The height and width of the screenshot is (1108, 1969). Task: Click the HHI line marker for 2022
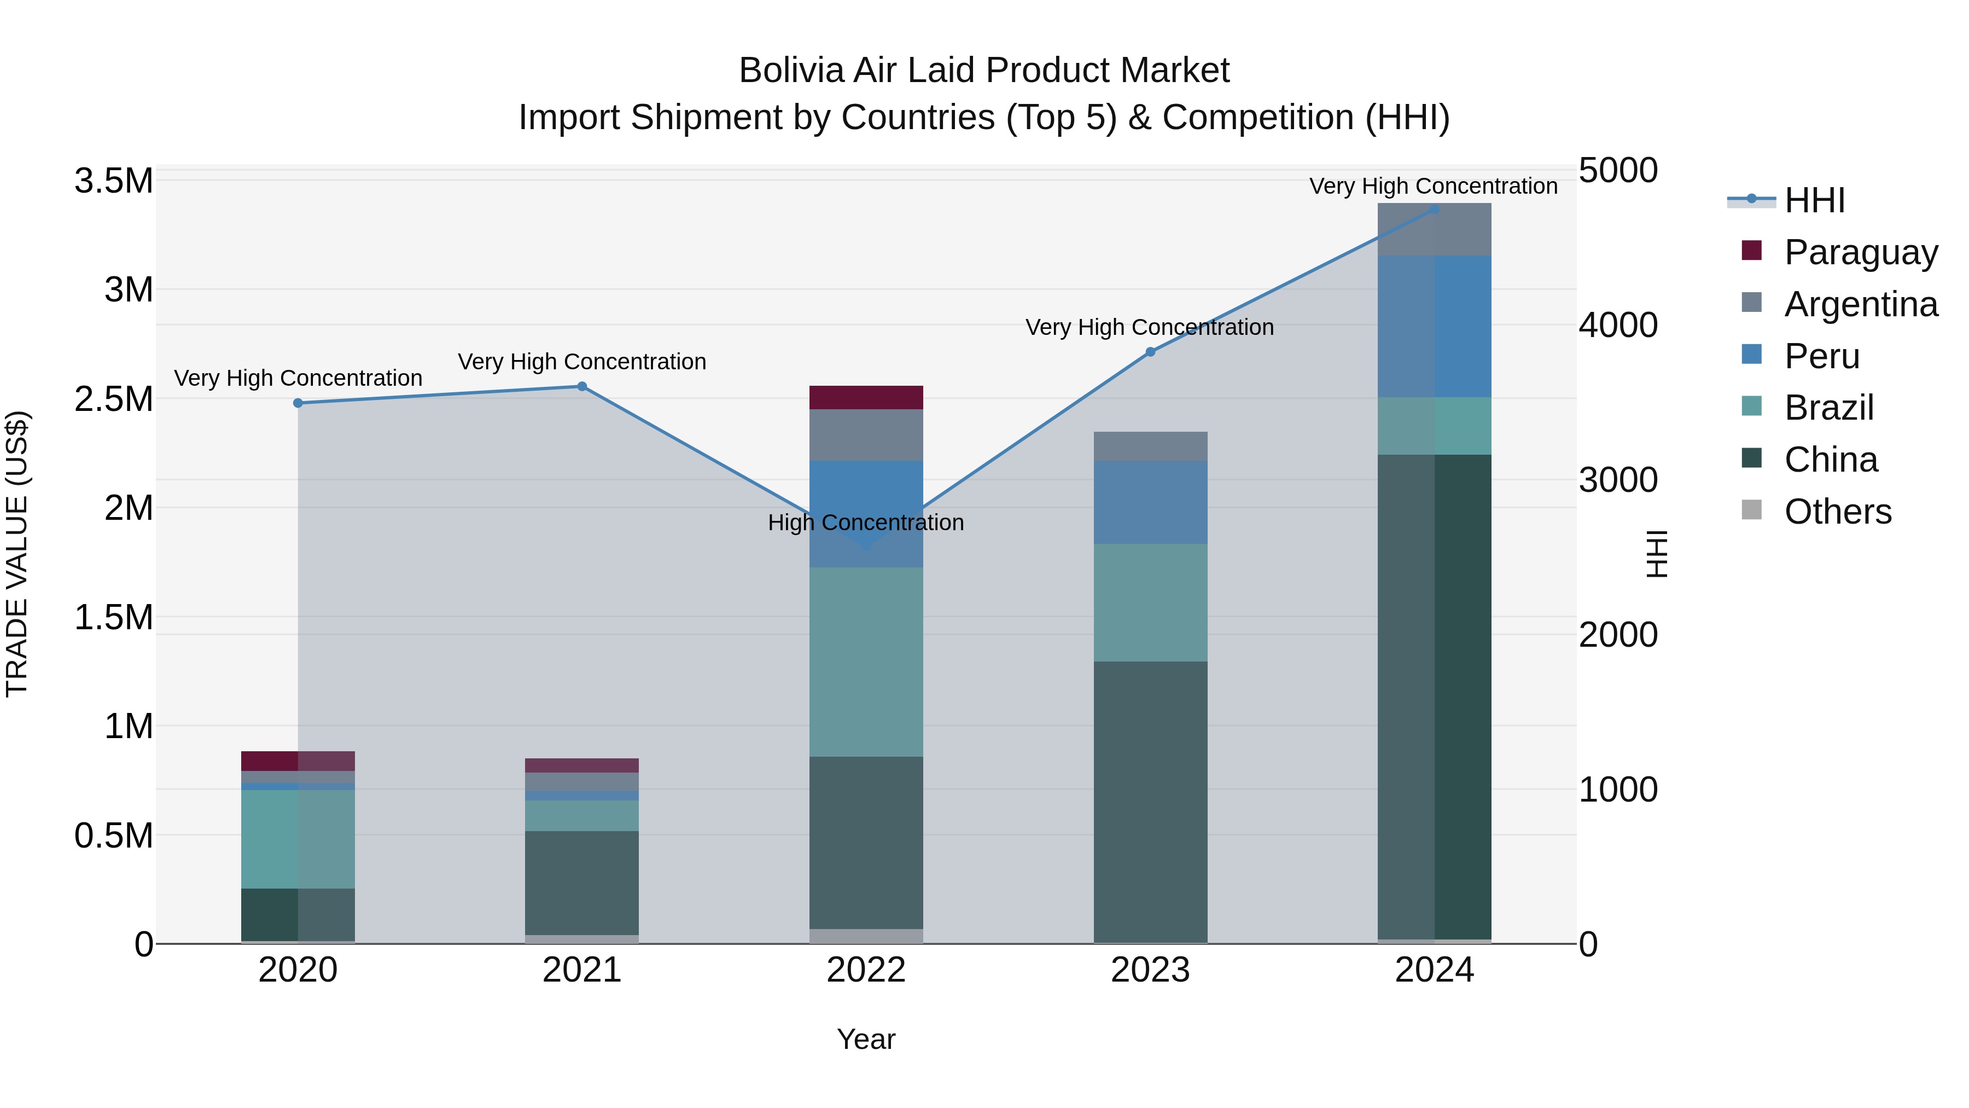[x=866, y=546]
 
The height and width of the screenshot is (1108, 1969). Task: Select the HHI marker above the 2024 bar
[x=1435, y=209]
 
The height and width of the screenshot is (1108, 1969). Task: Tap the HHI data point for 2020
[x=298, y=403]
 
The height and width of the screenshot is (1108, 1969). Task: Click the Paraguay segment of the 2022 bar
[x=866, y=398]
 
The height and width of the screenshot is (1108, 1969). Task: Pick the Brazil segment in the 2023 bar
[x=1150, y=602]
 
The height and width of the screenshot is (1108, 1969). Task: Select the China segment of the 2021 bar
[x=582, y=883]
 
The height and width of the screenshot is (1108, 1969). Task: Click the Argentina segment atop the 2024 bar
[x=1435, y=229]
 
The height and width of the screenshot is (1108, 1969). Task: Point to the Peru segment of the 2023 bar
[x=1150, y=502]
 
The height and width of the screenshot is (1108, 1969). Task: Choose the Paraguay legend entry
[x=1861, y=252]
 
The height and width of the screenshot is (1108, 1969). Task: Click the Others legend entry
[x=1838, y=511]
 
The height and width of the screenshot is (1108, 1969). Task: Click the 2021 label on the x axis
[x=582, y=970]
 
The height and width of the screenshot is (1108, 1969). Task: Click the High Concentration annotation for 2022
[x=866, y=523]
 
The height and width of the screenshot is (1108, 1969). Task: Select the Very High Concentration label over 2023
[x=1150, y=327]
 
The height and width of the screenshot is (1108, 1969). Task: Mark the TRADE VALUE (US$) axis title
[x=17, y=554]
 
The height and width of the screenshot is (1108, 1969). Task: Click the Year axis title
[x=866, y=1039]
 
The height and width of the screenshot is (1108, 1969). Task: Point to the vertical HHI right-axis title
[x=1656, y=554]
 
